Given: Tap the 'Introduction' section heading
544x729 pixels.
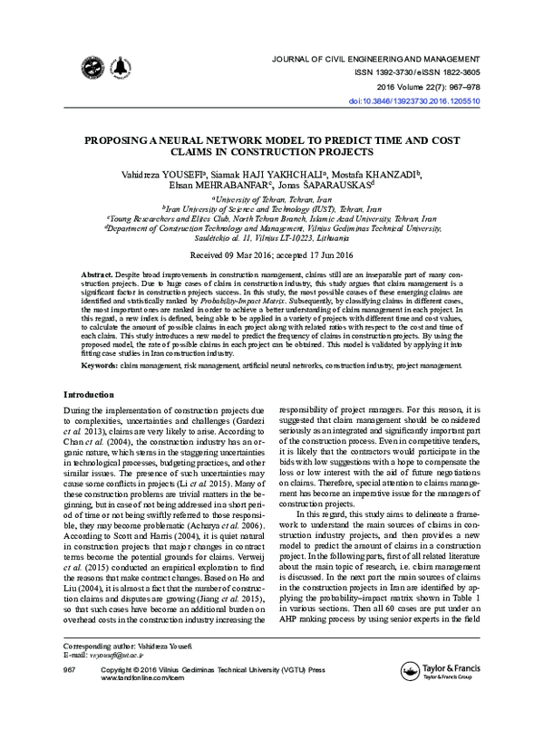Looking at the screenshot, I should (89, 396).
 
